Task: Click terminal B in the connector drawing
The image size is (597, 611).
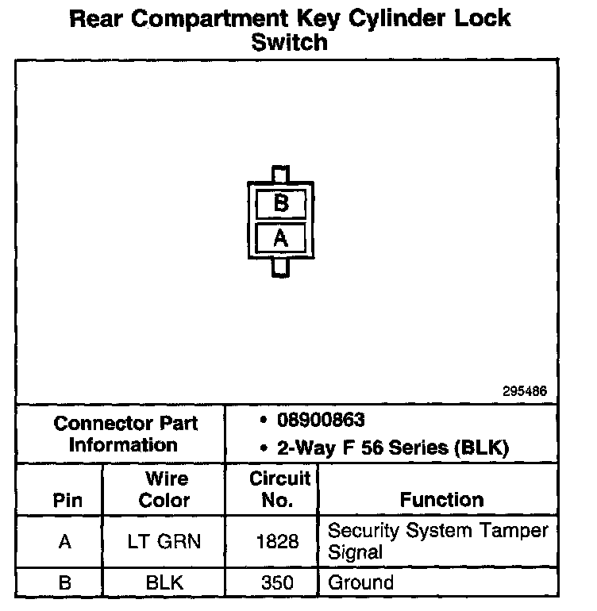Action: (280, 203)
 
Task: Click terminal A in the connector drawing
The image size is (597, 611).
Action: (280, 237)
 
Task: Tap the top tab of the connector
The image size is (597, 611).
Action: (280, 174)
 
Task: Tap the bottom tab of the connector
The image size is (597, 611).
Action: (280, 267)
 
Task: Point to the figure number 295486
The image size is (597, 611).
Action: (525, 391)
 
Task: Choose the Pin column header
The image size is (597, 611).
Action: (67, 501)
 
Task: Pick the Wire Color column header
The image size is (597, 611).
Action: (165, 490)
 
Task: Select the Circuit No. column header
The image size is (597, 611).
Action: (279, 490)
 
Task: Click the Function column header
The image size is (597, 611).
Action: (441, 500)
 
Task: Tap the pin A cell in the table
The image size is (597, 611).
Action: (65, 541)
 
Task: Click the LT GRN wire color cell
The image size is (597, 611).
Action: (164, 541)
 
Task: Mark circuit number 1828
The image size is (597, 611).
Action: (278, 541)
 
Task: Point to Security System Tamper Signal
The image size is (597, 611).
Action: (437, 540)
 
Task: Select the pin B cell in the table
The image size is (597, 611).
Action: (65, 582)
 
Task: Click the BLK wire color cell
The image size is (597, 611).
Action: (164, 582)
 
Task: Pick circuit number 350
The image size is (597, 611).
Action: (278, 582)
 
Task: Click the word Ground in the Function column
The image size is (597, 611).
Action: (360, 582)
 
